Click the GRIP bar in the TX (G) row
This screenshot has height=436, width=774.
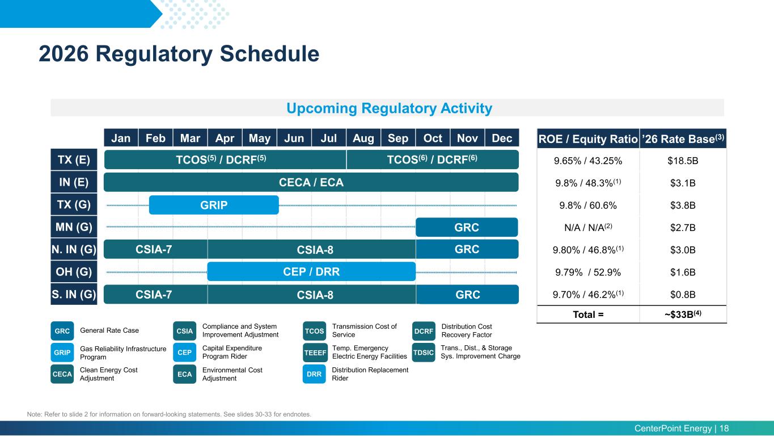(x=214, y=205)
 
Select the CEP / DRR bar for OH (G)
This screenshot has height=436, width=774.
(x=311, y=271)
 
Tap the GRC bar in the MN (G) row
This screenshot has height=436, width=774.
(x=467, y=227)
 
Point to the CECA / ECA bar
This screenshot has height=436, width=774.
(x=311, y=182)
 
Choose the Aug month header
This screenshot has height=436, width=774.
(x=363, y=138)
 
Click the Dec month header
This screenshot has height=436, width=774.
(x=502, y=138)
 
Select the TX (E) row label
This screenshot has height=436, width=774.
(x=74, y=160)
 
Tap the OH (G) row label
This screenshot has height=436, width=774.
(x=74, y=271)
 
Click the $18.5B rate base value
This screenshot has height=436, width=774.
(x=683, y=161)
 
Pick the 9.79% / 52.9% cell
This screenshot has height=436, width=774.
(x=588, y=272)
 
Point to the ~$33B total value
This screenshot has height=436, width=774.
(x=683, y=314)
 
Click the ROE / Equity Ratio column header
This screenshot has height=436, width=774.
(x=588, y=139)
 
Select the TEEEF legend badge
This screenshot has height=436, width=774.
(x=315, y=353)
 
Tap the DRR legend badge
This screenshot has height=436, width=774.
(x=314, y=374)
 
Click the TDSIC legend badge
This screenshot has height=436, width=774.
(x=424, y=353)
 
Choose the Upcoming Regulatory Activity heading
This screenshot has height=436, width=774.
(x=390, y=108)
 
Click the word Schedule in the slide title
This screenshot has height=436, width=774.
(x=269, y=53)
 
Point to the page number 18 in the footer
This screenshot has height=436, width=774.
(x=724, y=429)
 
